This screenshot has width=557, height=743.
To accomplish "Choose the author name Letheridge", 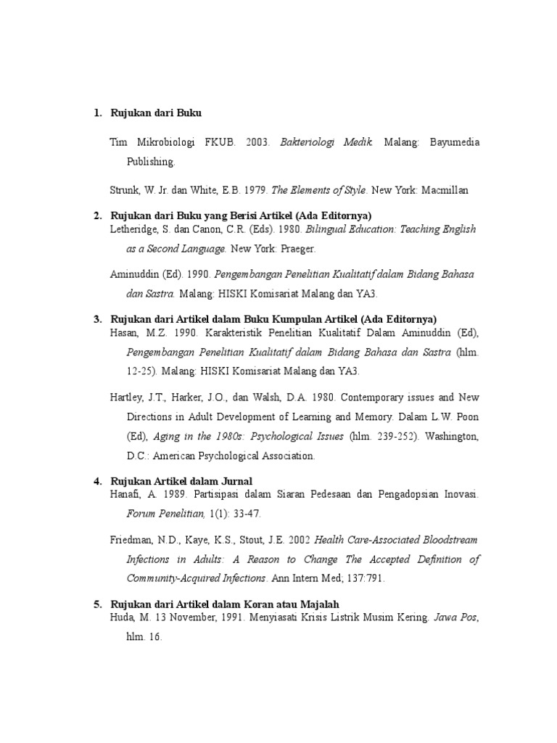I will (x=135, y=229).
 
